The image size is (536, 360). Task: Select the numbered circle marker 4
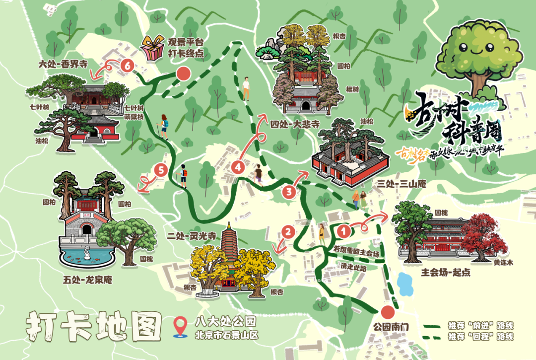point(238,167)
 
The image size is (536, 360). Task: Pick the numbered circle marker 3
point(289,191)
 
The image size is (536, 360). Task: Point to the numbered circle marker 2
point(288,231)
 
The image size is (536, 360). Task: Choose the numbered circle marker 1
point(342,230)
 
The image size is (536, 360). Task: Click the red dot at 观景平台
point(184,74)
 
